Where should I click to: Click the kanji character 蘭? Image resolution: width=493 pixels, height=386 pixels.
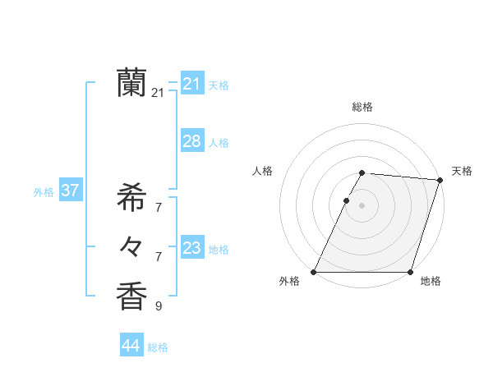point(131,82)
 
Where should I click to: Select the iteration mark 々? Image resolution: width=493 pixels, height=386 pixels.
point(131,246)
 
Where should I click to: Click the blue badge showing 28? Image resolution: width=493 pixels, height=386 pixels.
point(191,141)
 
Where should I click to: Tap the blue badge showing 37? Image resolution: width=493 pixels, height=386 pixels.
point(70,191)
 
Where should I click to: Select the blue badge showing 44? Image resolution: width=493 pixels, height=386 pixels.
point(131,346)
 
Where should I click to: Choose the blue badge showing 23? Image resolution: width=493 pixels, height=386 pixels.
point(191,248)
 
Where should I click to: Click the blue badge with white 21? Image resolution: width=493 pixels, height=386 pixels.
point(191,84)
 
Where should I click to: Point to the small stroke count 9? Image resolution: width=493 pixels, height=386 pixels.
point(159,306)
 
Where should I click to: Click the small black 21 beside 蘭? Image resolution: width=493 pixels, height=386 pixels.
point(158,93)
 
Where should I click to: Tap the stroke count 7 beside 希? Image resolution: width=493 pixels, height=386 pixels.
point(159,207)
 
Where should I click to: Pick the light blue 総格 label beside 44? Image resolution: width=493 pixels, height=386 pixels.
point(158,347)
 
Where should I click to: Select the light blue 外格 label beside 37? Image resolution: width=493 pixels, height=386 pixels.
point(44,192)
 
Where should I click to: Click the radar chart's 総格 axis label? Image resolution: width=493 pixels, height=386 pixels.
point(362,107)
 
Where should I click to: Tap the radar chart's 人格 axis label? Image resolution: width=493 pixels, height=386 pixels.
point(262,171)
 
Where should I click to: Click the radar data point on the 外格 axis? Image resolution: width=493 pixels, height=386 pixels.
point(314,272)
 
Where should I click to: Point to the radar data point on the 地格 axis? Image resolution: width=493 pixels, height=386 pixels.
point(410,272)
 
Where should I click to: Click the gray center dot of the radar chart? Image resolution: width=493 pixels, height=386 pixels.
point(362,205)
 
